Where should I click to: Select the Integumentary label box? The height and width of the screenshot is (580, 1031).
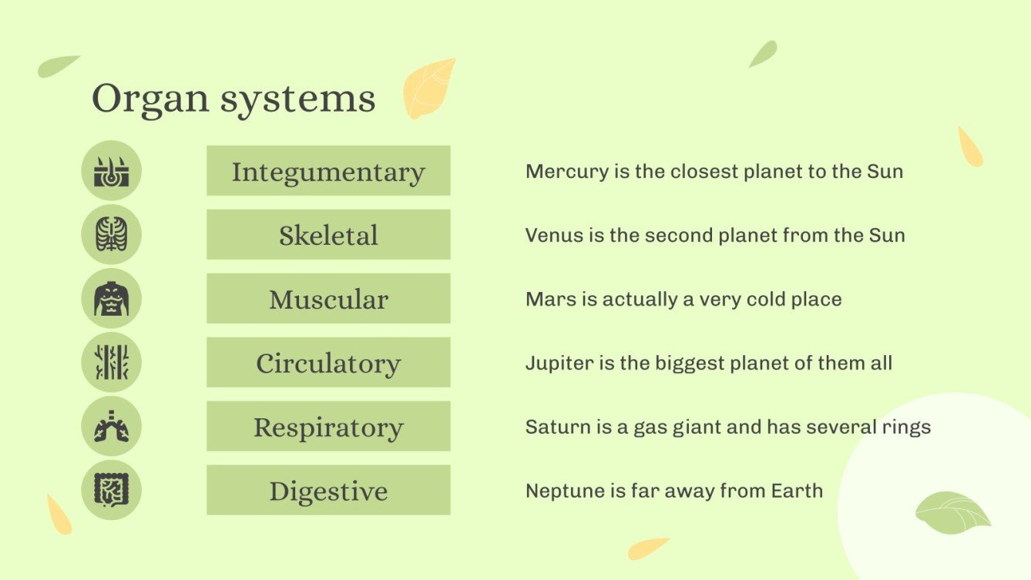point(328,171)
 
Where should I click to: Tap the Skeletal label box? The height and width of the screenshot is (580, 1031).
point(328,235)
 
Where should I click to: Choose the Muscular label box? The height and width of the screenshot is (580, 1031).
point(328,299)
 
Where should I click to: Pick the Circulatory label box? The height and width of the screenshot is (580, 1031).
point(328,363)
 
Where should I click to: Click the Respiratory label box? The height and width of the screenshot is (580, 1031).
point(328,427)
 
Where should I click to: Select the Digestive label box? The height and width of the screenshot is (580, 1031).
point(328,491)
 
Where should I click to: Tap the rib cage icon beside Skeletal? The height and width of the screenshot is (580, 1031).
point(112,235)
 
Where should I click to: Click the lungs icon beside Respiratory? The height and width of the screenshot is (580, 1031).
point(112,427)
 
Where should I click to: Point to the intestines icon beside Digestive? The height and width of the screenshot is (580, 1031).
point(112,491)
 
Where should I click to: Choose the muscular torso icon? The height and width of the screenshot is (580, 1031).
point(112,299)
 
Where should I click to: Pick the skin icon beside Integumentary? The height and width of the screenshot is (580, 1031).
point(112,171)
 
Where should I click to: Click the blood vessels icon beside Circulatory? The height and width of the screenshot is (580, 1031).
point(112,363)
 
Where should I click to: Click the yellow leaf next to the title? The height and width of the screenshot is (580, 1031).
point(428,88)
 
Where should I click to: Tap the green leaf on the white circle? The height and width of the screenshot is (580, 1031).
point(952,512)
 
